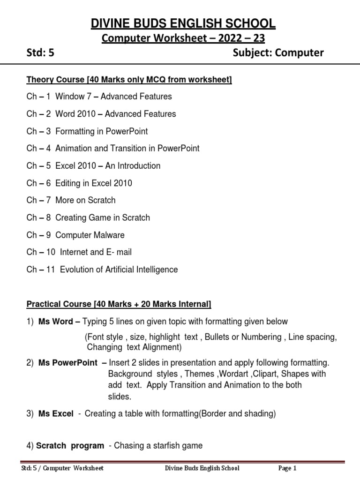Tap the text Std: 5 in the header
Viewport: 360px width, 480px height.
[40, 53]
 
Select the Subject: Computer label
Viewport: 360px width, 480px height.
[278, 53]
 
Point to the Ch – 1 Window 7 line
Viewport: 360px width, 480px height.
[99, 97]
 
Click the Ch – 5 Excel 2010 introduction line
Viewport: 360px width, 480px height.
[93, 166]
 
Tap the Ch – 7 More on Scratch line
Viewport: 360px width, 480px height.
[71, 200]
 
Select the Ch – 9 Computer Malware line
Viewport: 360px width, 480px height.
[75, 235]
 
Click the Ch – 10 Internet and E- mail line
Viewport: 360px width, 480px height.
[79, 252]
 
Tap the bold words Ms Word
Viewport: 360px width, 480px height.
[55, 322]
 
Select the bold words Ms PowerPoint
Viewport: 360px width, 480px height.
[68, 362]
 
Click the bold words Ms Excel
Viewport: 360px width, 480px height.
[56, 413]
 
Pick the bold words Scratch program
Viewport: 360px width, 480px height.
[70, 446]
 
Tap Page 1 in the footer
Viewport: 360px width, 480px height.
[287, 468]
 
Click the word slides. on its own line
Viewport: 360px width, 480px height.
[117, 397]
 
